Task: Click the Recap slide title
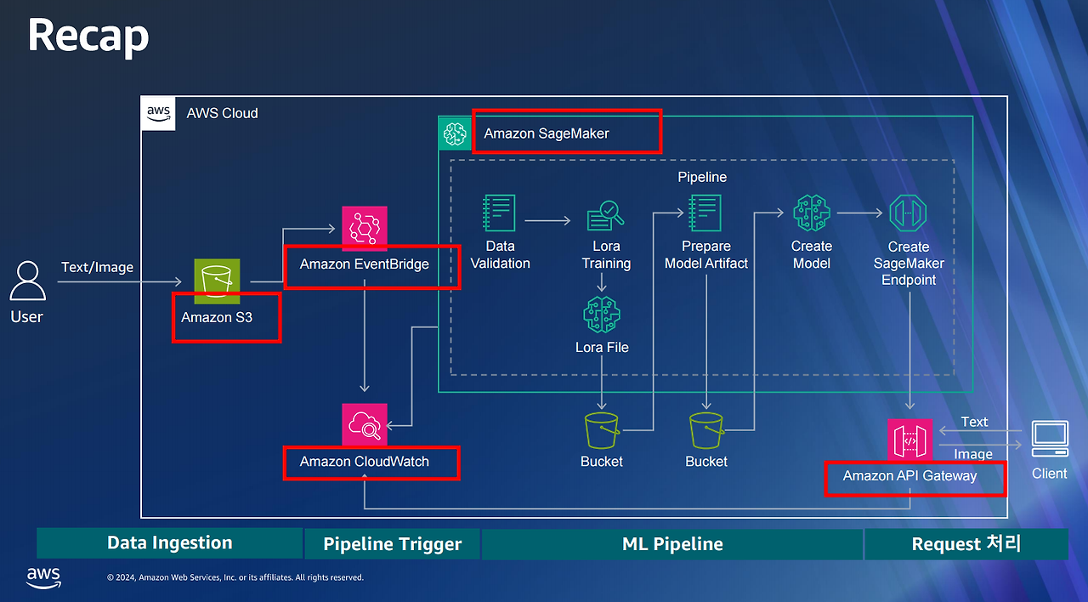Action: [88, 36]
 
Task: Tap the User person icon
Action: [27, 281]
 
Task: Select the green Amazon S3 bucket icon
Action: [217, 281]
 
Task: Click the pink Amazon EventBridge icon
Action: [365, 229]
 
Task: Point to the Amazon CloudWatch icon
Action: [365, 424]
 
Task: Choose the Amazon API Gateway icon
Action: [909, 440]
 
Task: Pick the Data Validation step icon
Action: [499, 213]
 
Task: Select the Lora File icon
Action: [602, 315]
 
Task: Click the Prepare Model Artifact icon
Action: [705, 213]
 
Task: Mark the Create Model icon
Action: [812, 213]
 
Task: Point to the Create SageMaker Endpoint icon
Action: [908, 213]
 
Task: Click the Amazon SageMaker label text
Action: [547, 133]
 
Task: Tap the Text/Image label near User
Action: [97, 267]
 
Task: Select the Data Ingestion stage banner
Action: [169, 543]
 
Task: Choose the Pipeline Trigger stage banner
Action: [393, 544]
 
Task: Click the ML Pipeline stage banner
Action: [672, 544]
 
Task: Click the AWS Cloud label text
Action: [222, 113]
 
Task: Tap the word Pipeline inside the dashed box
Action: [702, 178]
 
